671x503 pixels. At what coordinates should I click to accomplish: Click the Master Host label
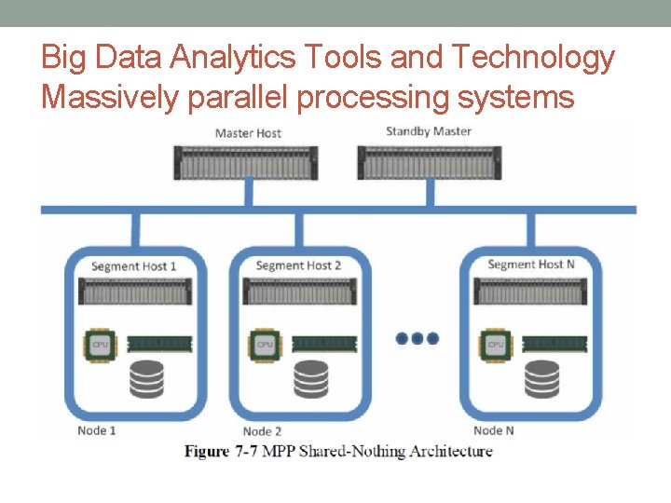tap(248, 133)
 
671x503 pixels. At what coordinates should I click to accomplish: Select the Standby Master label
tap(429, 131)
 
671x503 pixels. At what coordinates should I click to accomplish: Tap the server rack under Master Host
tap(248, 161)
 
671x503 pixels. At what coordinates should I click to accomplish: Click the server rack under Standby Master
tap(429, 161)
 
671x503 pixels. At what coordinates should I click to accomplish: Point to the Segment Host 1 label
tap(134, 266)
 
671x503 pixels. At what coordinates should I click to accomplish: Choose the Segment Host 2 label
tap(298, 265)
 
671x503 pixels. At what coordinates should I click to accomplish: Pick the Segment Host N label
tap(531, 265)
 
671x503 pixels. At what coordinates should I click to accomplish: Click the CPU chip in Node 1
tap(101, 344)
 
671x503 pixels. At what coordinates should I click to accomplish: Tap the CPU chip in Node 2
tap(265, 344)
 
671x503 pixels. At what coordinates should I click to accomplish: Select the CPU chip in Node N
tap(496, 344)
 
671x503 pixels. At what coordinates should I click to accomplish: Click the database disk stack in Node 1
tap(146, 377)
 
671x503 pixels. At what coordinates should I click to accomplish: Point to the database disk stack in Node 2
tap(310, 377)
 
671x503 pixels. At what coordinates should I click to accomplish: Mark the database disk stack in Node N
tap(541, 377)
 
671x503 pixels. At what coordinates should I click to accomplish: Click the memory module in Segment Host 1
tap(159, 344)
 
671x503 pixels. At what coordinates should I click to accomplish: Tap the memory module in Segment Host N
tap(554, 344)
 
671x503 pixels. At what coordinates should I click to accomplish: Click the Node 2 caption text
tap(262, 431)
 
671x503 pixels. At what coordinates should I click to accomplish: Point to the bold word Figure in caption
tap(206, 452)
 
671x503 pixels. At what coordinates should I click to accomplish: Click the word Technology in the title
tap(533, 58)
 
